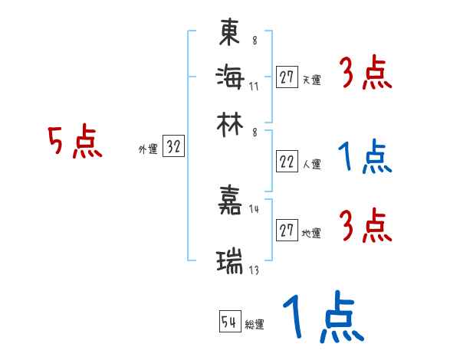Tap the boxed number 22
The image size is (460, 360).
(287, 162)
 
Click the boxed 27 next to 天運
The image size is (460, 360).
(287, 77)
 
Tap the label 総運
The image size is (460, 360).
(255, 325)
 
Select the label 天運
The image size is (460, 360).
(312, 80)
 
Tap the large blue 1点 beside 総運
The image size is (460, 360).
(322, 318)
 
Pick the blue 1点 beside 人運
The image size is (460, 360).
(365, 157)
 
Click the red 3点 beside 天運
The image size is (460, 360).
(366, 75)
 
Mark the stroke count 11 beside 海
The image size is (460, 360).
(254, 85)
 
